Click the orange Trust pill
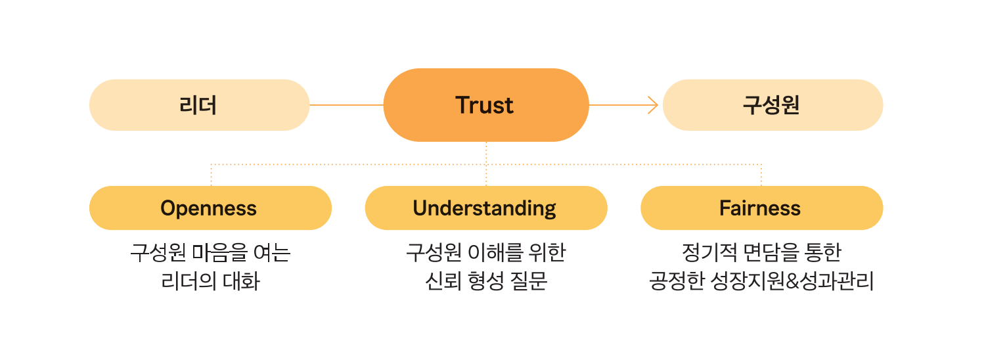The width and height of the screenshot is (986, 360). [485, 105]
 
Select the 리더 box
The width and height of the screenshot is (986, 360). [198, 105]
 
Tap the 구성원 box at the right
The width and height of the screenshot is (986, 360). [772, 105]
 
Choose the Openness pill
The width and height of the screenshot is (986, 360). [210, 208]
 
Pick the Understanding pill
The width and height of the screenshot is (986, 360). [485, 208]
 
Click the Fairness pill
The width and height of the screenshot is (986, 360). [761, 208]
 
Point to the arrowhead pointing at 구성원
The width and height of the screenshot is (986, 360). [653, 105]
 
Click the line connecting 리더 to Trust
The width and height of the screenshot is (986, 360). [346, 105]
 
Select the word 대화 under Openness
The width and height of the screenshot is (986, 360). [246, 282]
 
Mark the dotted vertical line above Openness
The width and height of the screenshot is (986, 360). [210, 175]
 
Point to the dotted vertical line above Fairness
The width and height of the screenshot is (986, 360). [761, 175]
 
